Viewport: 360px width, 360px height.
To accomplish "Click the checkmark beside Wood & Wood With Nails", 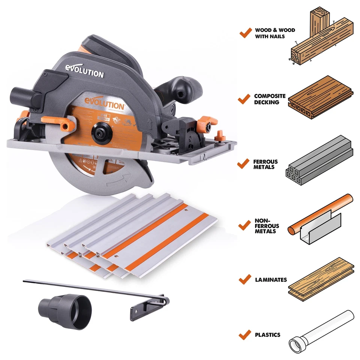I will coord(245,33).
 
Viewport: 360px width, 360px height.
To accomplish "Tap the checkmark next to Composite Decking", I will coord(244,99).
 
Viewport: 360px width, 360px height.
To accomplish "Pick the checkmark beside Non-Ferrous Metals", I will coord(244,225).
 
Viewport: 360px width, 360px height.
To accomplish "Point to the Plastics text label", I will coord(267,334).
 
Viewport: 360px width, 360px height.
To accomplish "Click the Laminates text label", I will coord(271,280).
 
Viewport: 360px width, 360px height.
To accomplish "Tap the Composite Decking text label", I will coord(270,99).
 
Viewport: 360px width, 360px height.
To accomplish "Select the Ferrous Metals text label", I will coord(265,164).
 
